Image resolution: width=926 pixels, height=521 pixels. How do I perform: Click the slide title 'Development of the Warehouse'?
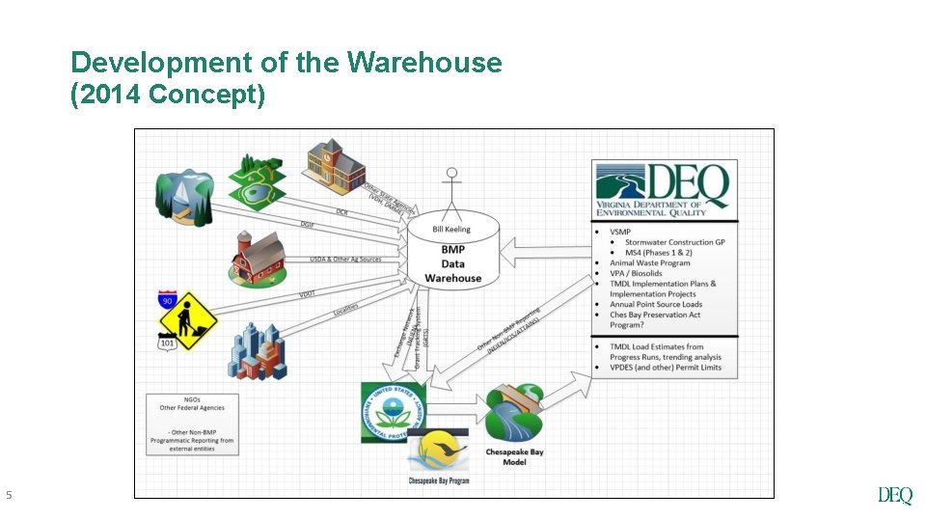[x=286, y=63]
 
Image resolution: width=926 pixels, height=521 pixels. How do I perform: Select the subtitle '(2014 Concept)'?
[x=168, y=95]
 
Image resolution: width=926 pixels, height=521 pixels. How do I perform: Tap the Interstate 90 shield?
[x=168, y=299]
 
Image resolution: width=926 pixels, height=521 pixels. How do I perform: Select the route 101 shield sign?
[x=168, y=342]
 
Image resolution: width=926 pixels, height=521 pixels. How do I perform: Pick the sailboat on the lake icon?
[x=184, y=199]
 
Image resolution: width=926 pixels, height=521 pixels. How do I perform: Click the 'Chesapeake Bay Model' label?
[x=514, y=456]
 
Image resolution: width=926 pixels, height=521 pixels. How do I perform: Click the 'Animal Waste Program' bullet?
[x=650, y=262]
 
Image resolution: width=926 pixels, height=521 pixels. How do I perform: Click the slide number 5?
[x=10, y=496]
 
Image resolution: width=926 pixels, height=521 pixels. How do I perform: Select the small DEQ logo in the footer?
[x=894, y=496]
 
